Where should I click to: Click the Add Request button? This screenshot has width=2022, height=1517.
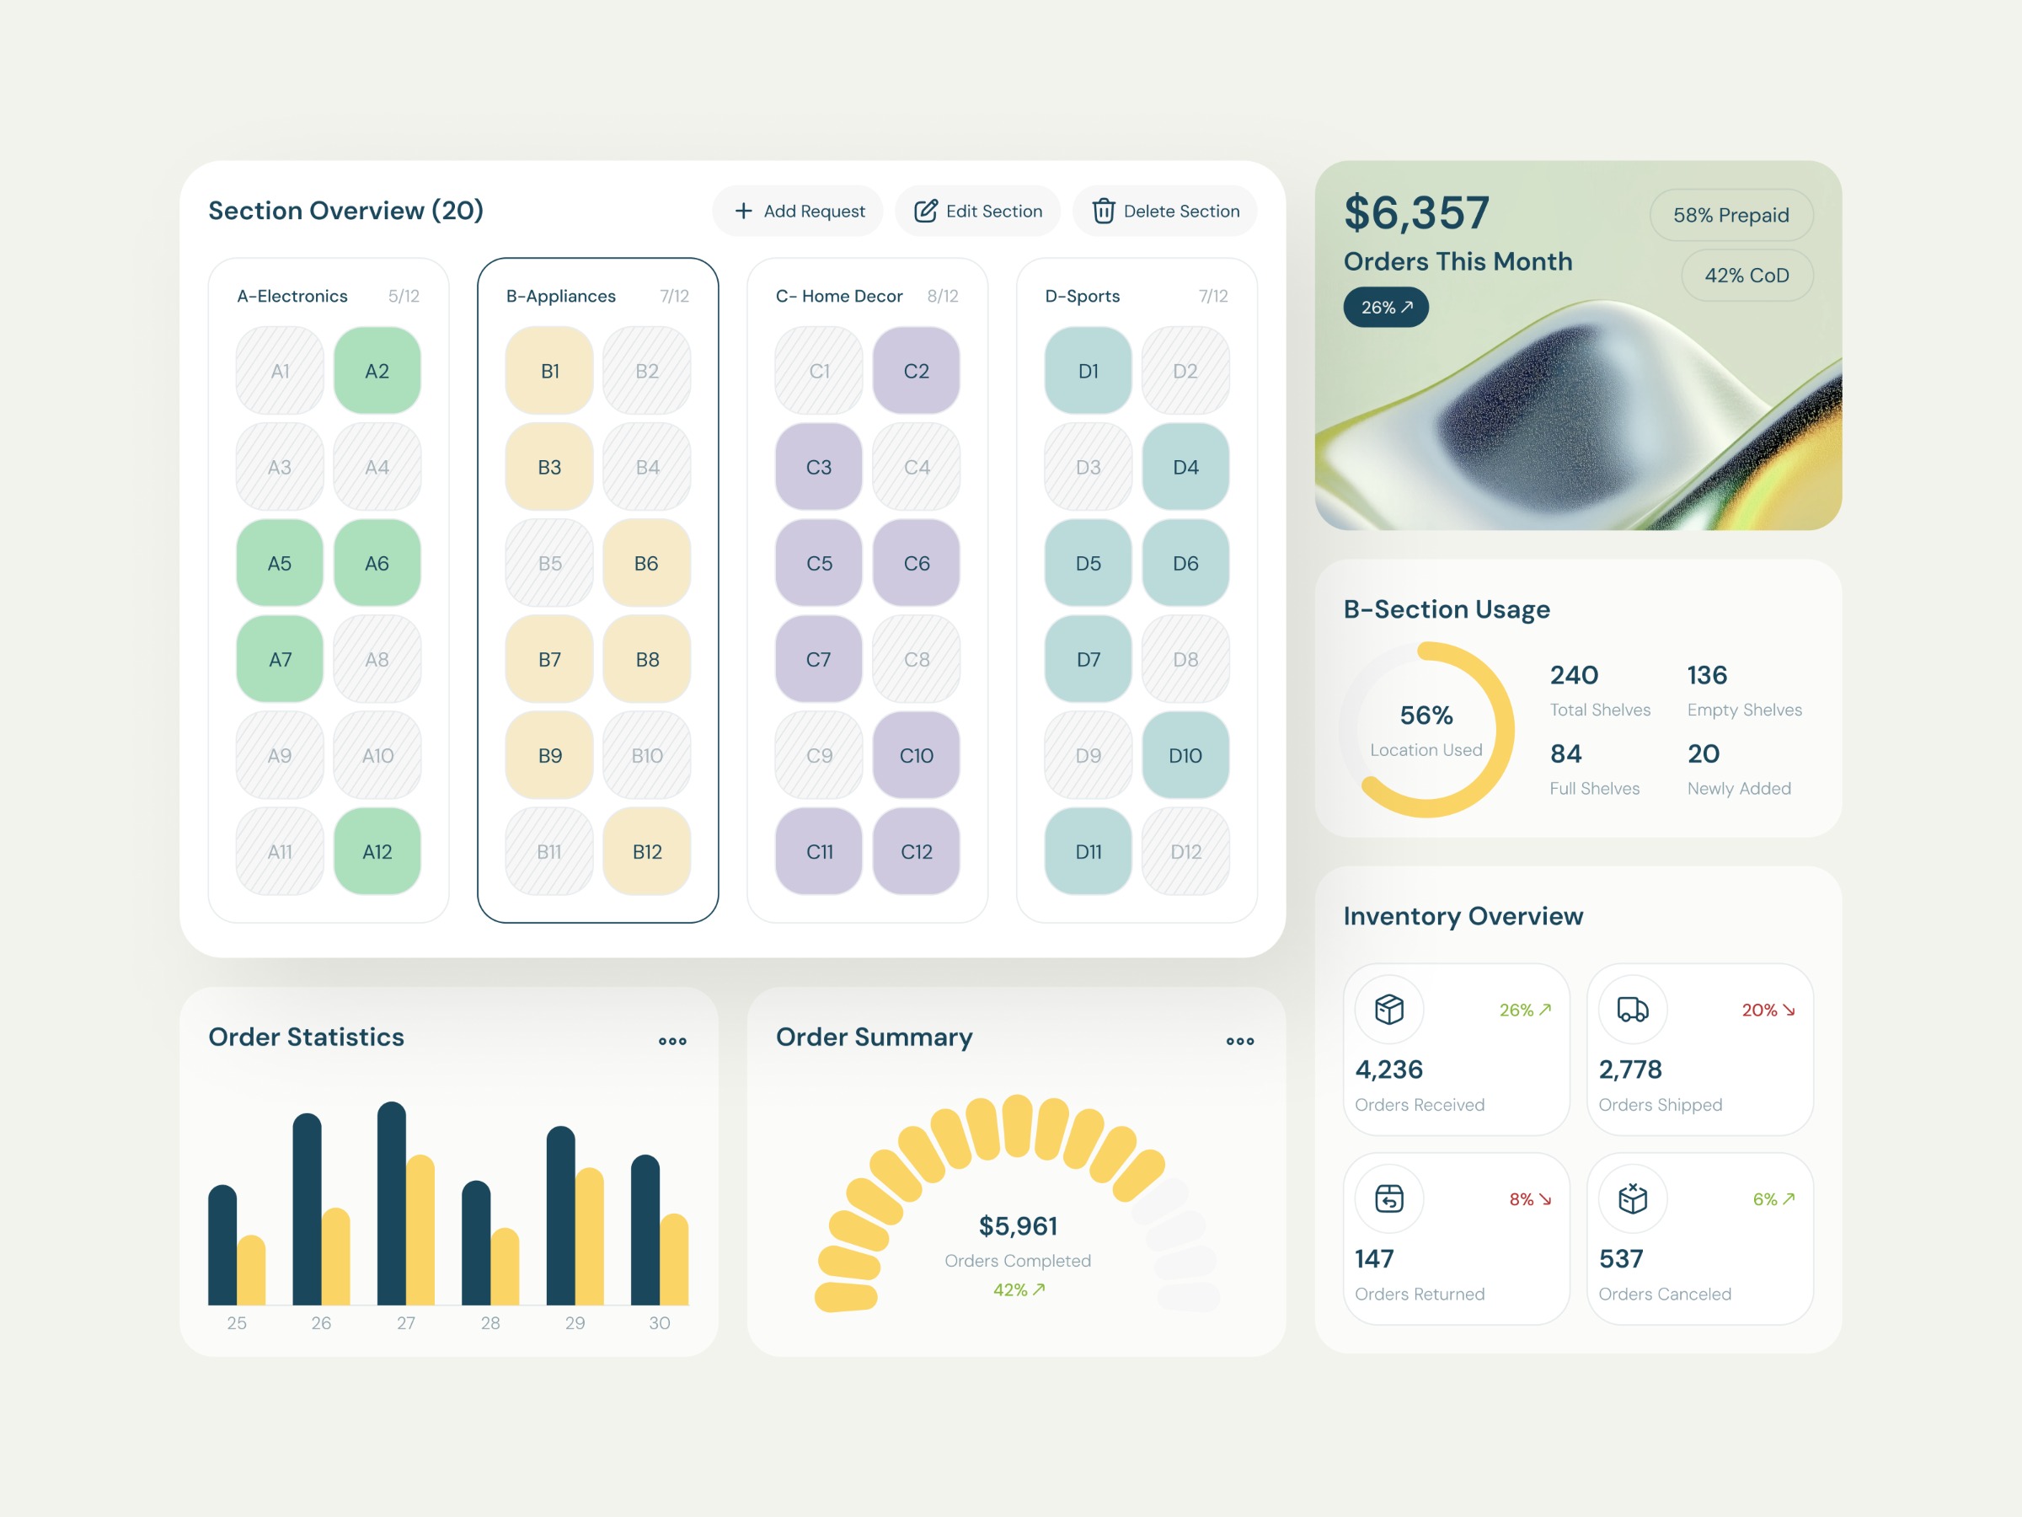click(x=798, y=212)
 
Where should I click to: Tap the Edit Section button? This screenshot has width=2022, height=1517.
click(x=977, y=212)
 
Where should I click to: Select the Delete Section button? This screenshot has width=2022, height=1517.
click(x=1164, y=212)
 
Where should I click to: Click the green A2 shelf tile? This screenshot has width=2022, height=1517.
click(x=377, y=372)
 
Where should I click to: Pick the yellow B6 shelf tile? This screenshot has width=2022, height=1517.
click(x=646, y=563)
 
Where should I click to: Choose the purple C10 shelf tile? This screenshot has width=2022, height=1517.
click(x=916, y=755)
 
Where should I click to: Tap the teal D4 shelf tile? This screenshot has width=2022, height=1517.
click(x=1185, y=467)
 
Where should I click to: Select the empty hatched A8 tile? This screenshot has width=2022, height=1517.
click(x=377, y=659)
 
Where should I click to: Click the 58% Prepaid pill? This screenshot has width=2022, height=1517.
click(x=1730, y=216)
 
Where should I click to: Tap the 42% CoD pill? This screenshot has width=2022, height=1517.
click(x=1746, y=276)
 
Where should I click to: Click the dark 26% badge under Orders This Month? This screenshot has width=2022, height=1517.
click(x=1386, y=308)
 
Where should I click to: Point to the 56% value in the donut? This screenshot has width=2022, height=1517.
click(x=1426, y=715)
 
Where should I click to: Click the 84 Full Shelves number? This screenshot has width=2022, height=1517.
click(x=1566, y=753)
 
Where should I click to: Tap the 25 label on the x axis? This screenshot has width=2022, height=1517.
click(x=237, y=1322)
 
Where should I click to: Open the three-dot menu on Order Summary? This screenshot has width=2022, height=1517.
click(x=1239, y=1041)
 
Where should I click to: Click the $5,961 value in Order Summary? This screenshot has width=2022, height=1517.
click(x=1018, y=1225)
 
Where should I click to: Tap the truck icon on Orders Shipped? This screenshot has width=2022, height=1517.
click(x=1633, y=1010)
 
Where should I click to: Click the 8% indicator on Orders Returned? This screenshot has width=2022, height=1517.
click(x=1529, y=1198)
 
